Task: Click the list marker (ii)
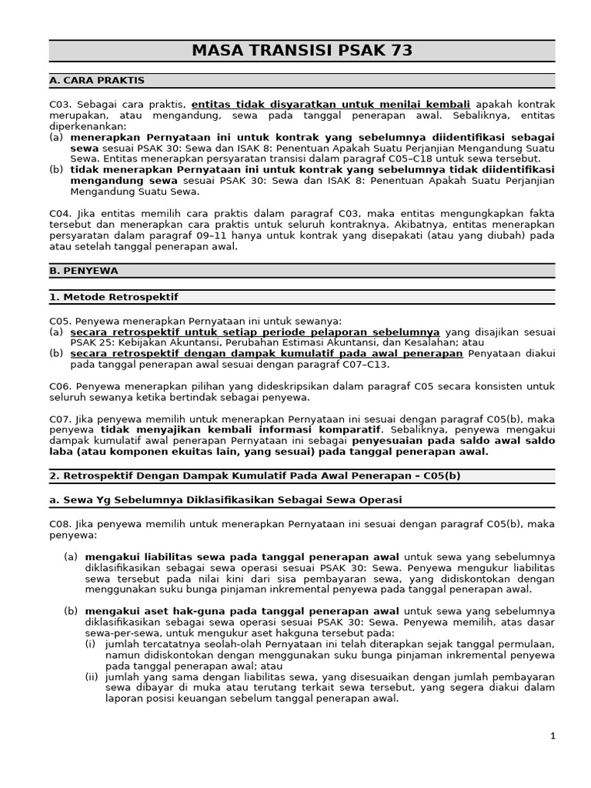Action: (x=91, y=676)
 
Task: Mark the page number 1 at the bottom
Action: (x=553, y=736)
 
